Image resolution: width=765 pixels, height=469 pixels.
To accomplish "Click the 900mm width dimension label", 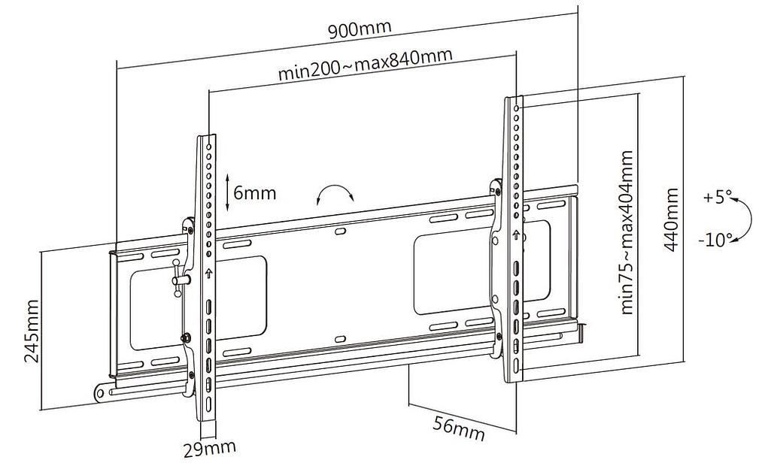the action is (x=360, y=29).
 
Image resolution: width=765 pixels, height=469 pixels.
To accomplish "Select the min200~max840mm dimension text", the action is (x=365, y=64).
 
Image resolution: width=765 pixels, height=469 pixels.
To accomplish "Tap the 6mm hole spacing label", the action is (x=255, y=193).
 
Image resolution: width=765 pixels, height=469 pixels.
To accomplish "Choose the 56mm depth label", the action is (x=459, y=428).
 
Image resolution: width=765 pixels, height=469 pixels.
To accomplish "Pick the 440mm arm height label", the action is (x=671, y=219).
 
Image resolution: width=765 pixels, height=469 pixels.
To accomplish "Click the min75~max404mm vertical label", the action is (x=627, y=232).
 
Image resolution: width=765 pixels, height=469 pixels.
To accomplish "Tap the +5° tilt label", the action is (x=717, y=198).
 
